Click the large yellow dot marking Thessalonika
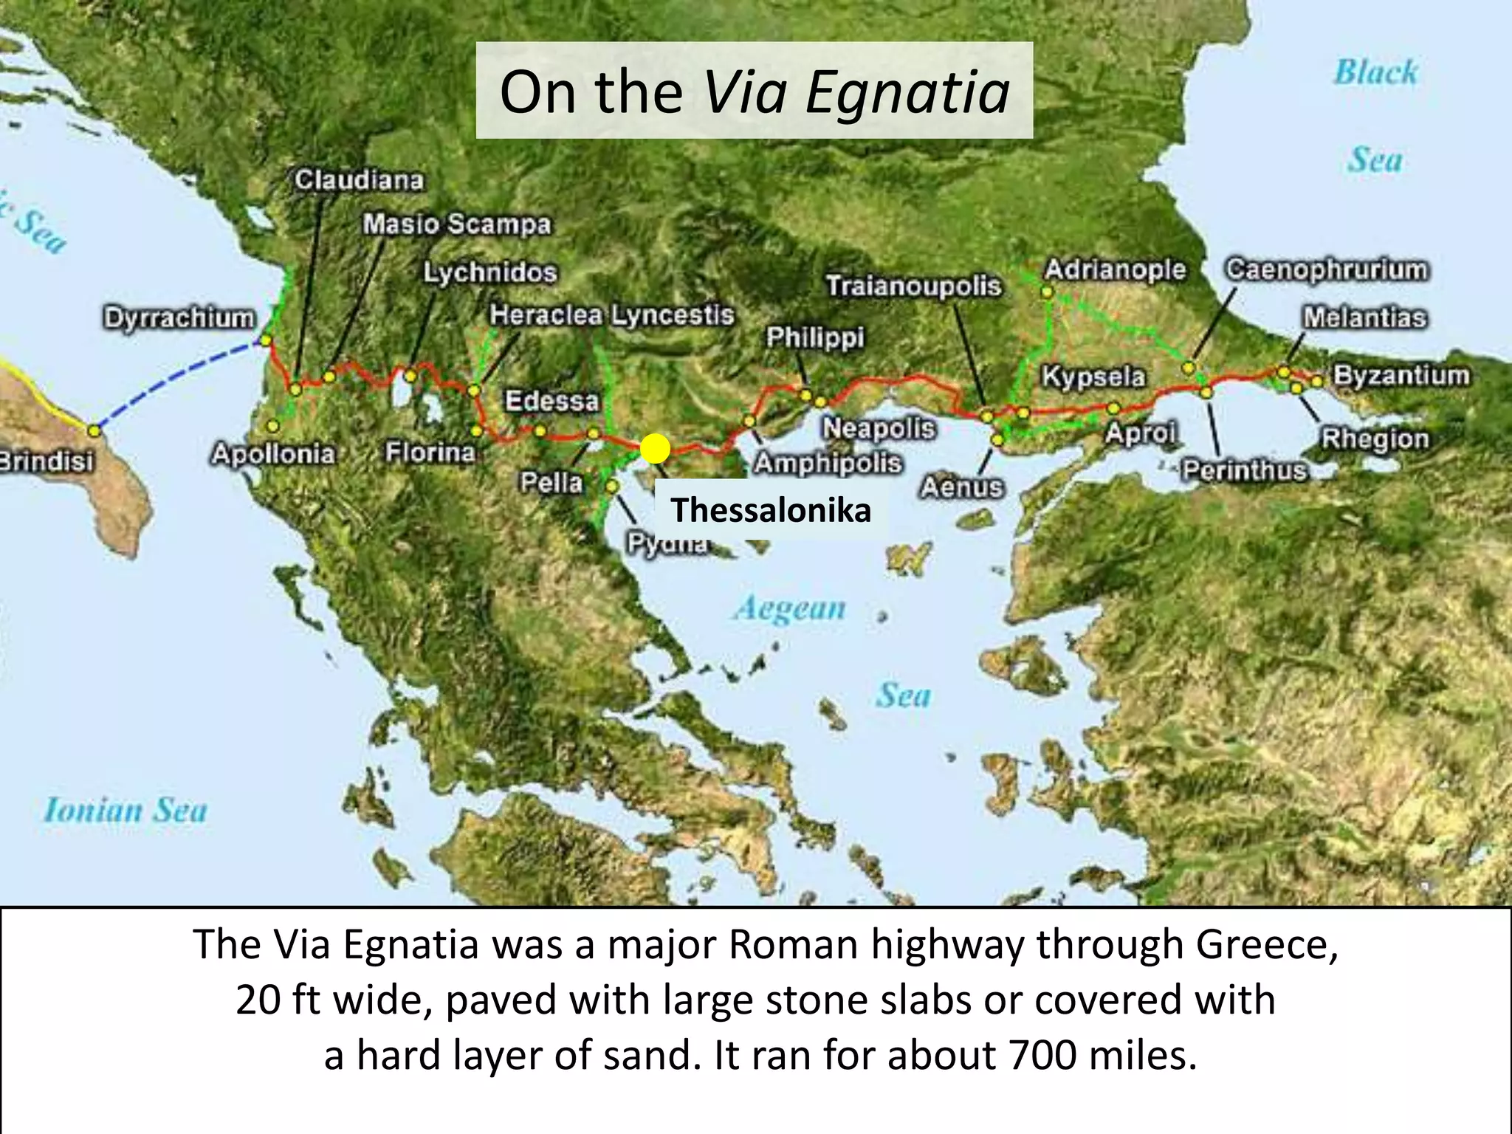[655, 448]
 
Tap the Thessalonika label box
[771, 510]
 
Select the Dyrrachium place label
[179, 318]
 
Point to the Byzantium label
[1401, 375]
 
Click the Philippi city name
[815, 337]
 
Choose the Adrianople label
[1115, 270]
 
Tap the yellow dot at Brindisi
[94, 430]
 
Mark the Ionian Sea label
[126, 811]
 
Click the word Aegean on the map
[790, 608]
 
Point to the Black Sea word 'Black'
[1375, 72]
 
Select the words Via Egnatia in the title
[856, 92]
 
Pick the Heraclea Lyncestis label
[612, 315]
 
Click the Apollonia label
[273, 453]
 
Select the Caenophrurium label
[1327, 269]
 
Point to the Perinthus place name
[1245, 470]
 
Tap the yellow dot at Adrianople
[1046, 292]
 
